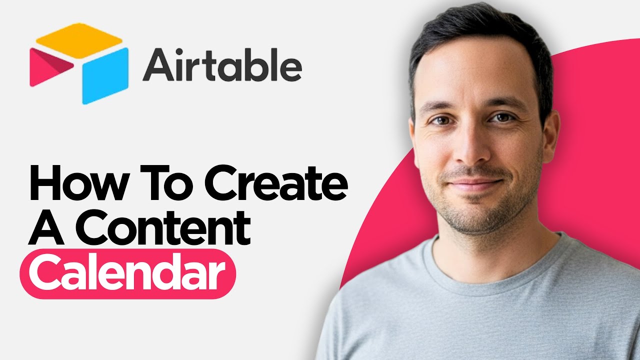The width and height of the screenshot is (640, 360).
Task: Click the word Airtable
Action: [222, 66]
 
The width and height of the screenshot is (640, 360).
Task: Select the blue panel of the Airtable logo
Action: [104, 75]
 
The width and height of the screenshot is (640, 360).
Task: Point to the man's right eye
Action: [440, 121]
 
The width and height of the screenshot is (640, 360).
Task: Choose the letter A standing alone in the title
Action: [47, 228]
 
